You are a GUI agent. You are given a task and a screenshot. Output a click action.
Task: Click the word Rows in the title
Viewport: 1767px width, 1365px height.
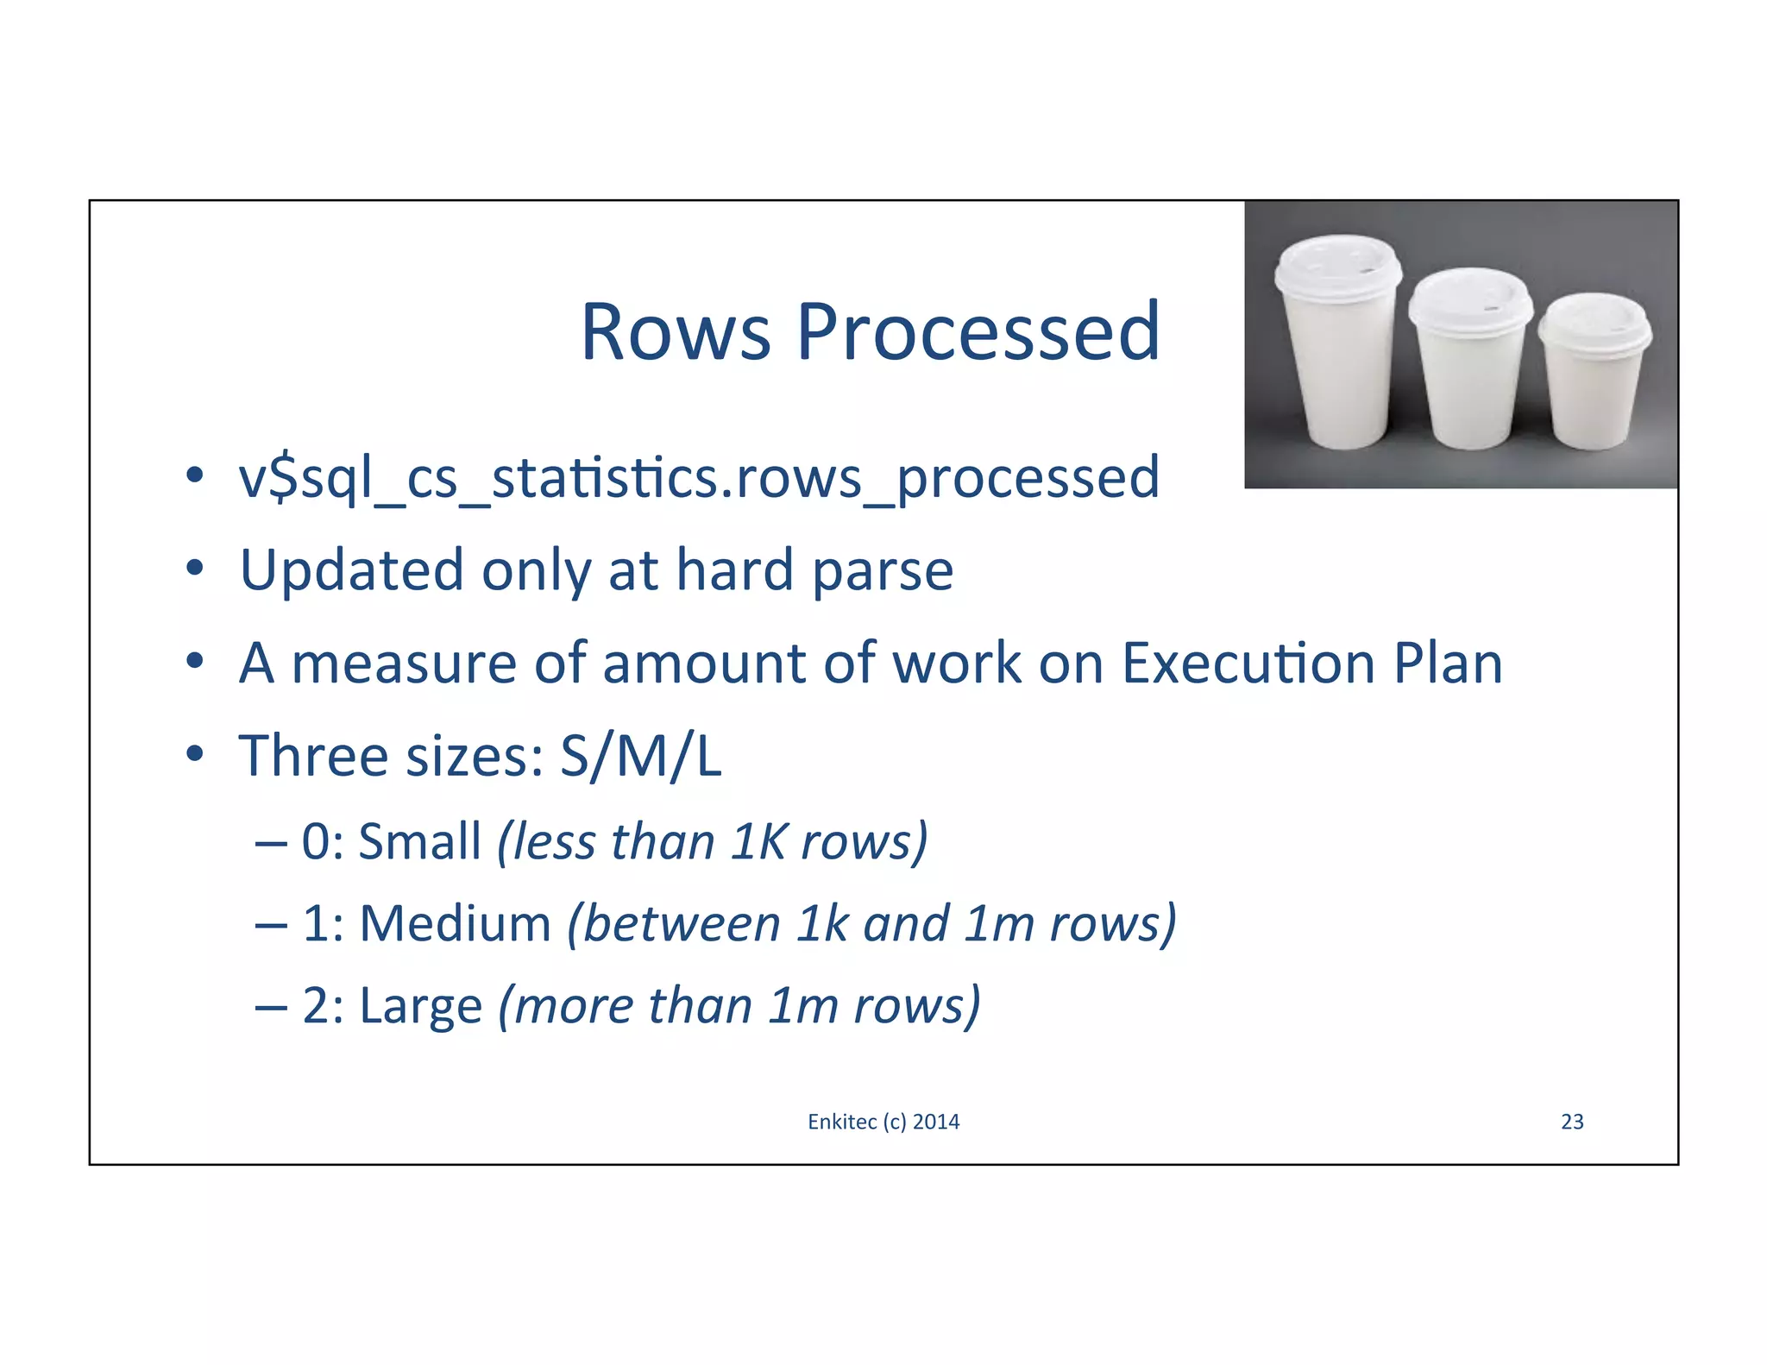676,332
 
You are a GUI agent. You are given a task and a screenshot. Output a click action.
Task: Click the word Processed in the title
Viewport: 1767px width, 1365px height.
978,332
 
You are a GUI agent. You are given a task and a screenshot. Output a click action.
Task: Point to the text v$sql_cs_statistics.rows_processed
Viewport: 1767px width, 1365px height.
699,479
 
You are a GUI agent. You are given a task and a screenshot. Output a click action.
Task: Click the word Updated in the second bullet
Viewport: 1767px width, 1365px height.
352,571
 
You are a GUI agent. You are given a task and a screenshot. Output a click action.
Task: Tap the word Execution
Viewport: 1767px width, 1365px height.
1248,664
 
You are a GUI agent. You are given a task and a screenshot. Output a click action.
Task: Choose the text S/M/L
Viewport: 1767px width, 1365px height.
640,757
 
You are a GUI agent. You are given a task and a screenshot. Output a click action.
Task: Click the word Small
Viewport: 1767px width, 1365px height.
419,841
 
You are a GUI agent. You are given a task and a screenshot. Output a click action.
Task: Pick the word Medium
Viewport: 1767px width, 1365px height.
455,924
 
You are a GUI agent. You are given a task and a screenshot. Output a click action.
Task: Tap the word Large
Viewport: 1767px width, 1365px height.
420,1007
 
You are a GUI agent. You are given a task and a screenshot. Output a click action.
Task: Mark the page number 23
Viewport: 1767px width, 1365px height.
1572,1122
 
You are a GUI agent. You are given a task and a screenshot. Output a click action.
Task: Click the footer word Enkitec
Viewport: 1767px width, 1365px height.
842,1122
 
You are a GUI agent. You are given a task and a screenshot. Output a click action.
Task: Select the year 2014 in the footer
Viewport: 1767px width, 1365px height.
936,1122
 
